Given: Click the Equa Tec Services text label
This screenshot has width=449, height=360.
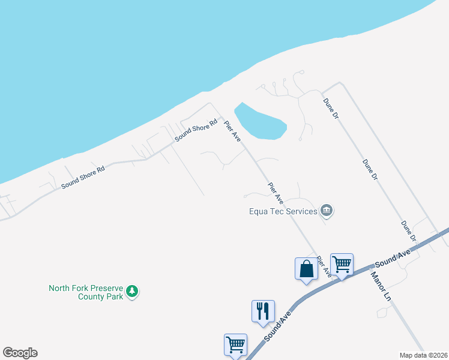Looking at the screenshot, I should [283, 211].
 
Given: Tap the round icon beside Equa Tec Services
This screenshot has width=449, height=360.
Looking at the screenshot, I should [327, 210].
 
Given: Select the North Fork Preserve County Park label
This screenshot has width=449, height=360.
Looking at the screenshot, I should [86, 292].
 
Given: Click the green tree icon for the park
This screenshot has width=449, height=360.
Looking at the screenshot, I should [132, 292].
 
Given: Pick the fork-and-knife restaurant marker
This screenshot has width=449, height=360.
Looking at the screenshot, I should [262, 311].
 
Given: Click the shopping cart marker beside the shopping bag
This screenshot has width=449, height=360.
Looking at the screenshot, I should [342, 263].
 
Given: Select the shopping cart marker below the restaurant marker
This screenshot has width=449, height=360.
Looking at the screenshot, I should [235, 344].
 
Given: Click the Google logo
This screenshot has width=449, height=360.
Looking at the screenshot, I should [20, 353].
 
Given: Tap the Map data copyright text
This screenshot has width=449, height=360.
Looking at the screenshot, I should [424, 355].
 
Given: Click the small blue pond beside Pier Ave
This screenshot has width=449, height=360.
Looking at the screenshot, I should [260, 122].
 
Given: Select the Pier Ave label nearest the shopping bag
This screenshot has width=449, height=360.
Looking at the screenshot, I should [324, 266].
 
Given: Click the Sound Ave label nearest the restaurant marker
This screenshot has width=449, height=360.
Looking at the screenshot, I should [277, 326].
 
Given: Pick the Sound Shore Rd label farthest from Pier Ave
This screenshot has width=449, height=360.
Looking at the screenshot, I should [83, 178].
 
